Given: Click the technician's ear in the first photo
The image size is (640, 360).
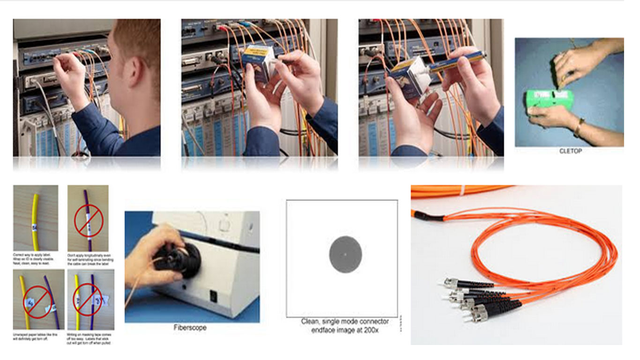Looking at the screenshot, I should (133, 65).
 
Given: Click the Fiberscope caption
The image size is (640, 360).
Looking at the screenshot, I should (190, 328).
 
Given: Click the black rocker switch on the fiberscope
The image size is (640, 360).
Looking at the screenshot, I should (213, 296).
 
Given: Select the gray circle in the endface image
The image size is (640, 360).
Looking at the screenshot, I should (345, 254).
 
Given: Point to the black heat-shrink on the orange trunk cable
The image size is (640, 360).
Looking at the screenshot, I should (429, 215).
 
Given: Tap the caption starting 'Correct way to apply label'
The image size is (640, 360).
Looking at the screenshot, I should (35, 258).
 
